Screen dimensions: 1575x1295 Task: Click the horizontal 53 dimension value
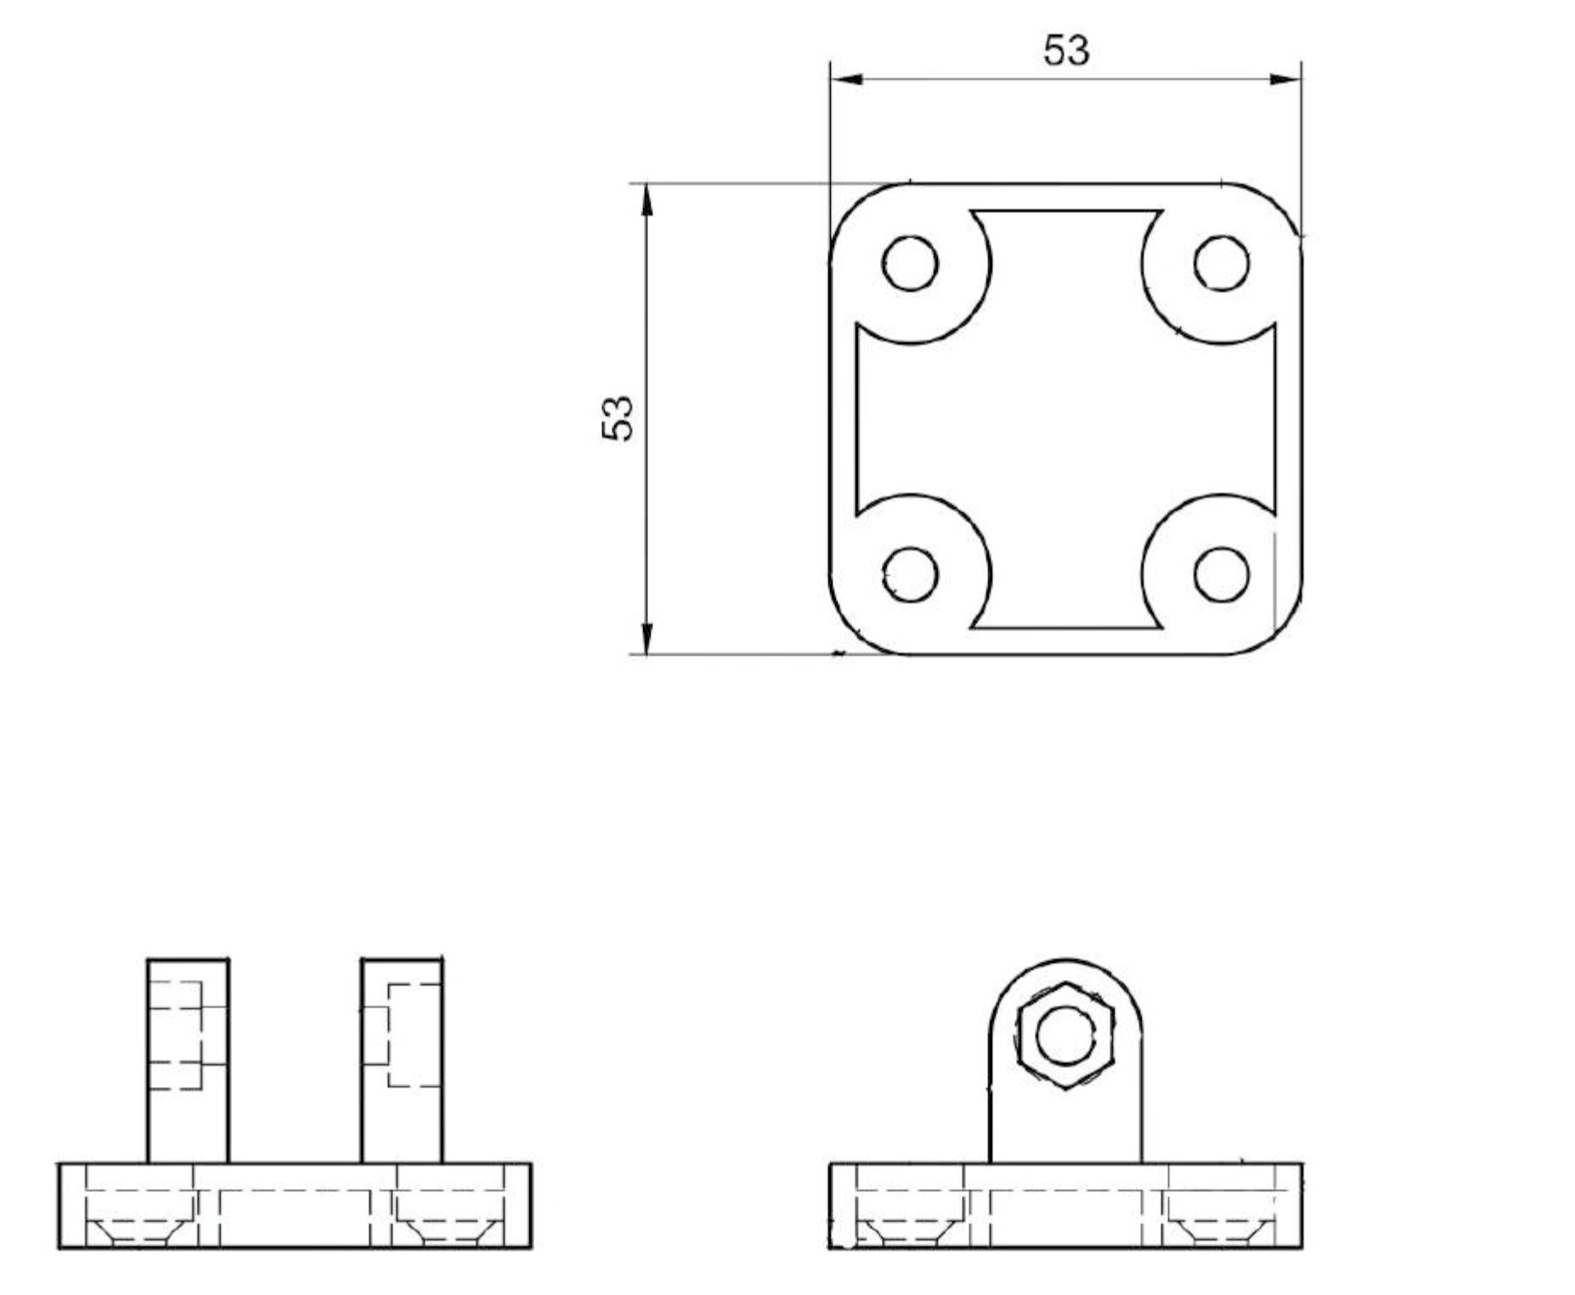point(1065,50)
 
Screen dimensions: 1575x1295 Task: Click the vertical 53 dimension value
point(618,418)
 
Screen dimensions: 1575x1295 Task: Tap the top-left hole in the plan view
point(910,263)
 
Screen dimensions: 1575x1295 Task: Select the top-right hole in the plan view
point(1221,263)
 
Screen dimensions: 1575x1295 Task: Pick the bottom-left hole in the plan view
point(910,574)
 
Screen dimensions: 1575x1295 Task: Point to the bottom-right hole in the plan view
point(1221,574)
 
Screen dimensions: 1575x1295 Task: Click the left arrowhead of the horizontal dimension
point(847,79)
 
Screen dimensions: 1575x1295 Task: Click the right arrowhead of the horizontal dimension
point(1284,79)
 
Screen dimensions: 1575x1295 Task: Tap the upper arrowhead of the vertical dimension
point(646,200)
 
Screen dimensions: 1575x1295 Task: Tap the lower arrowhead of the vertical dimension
point(646,638)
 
